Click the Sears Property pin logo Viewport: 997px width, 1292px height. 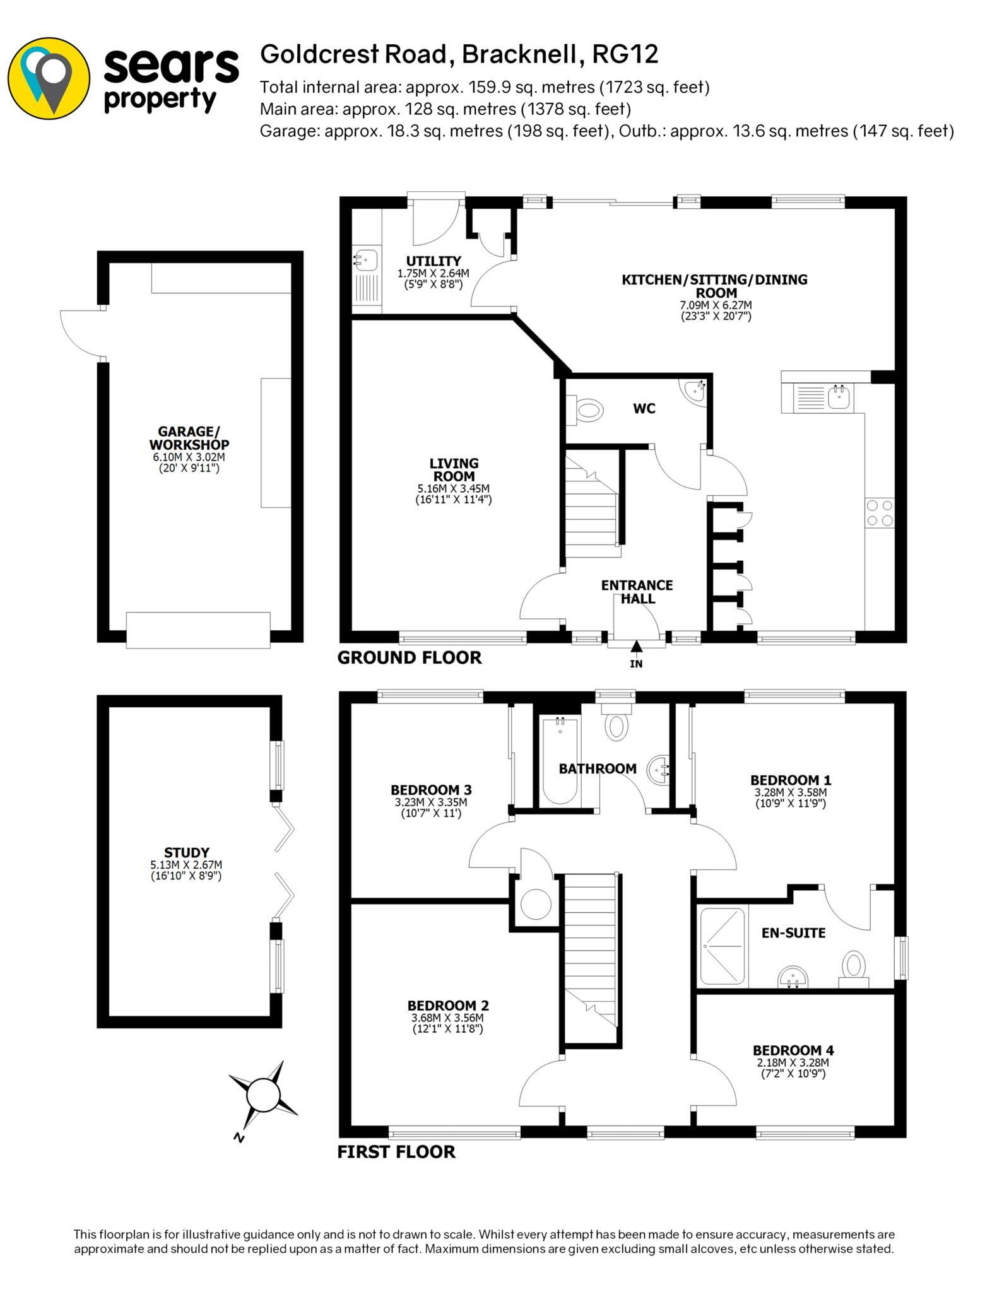point(49,78)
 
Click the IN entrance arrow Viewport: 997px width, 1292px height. point(636,647)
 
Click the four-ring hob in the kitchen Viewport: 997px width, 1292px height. point(880,512)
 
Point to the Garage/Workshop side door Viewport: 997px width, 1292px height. point(82,333)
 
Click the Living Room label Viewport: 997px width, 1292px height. point(454,470)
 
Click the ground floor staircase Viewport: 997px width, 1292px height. point(591,505)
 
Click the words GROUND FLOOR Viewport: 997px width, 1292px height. point(409,658)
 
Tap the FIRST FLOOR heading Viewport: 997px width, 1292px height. point(396,1152)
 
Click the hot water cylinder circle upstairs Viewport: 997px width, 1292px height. point(536,904)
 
